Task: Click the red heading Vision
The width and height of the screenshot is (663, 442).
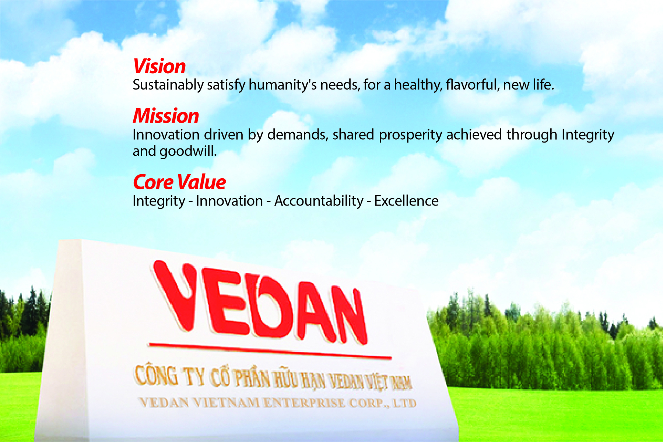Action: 159,66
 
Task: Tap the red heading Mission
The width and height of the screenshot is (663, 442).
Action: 166,116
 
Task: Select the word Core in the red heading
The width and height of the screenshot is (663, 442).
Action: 153,182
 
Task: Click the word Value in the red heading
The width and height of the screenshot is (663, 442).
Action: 201,182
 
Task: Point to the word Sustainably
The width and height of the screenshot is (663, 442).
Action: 168,85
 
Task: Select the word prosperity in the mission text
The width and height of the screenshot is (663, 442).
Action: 410,135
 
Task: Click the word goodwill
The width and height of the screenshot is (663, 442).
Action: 188,151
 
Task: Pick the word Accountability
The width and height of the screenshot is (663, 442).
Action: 319,201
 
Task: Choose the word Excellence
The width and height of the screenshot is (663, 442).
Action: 406,201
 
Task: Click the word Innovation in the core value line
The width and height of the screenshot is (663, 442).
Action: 229,201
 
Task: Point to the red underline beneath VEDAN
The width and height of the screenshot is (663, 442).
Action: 270,351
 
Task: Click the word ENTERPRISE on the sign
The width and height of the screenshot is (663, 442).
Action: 305,403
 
